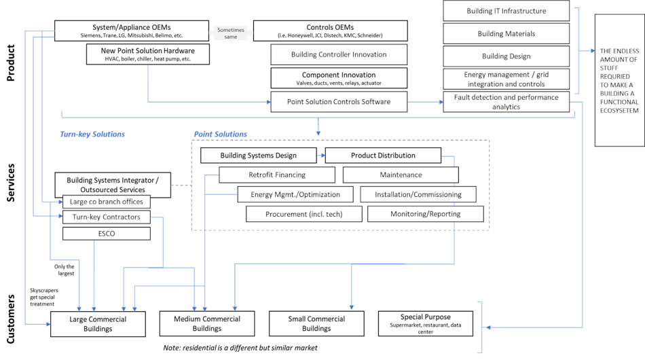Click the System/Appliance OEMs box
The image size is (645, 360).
tap(131, 31)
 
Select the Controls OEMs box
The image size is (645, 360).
tap(331, 31)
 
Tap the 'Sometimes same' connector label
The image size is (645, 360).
tap(231, 33)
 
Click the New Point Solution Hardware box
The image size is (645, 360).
tap(147, 54)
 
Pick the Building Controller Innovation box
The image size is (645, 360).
tap(339, 54)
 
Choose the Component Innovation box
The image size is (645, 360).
tap(339, 78)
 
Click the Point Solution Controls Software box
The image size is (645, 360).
tap(339, 101)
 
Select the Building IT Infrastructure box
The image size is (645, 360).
tap(506, 11)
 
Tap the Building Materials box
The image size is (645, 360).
tap(506, 33)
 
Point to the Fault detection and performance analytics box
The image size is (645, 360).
tap(506, 101)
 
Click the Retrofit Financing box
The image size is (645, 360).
tap(277, 175)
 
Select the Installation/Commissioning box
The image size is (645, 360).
tap(419, 194)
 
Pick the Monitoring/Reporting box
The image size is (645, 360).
tap(425, 214)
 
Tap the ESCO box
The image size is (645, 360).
tap(107, 234)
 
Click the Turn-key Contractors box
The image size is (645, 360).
tap(107, 217)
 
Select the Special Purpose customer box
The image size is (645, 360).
tap(426, 321)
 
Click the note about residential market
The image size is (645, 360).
tap(240, 348)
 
